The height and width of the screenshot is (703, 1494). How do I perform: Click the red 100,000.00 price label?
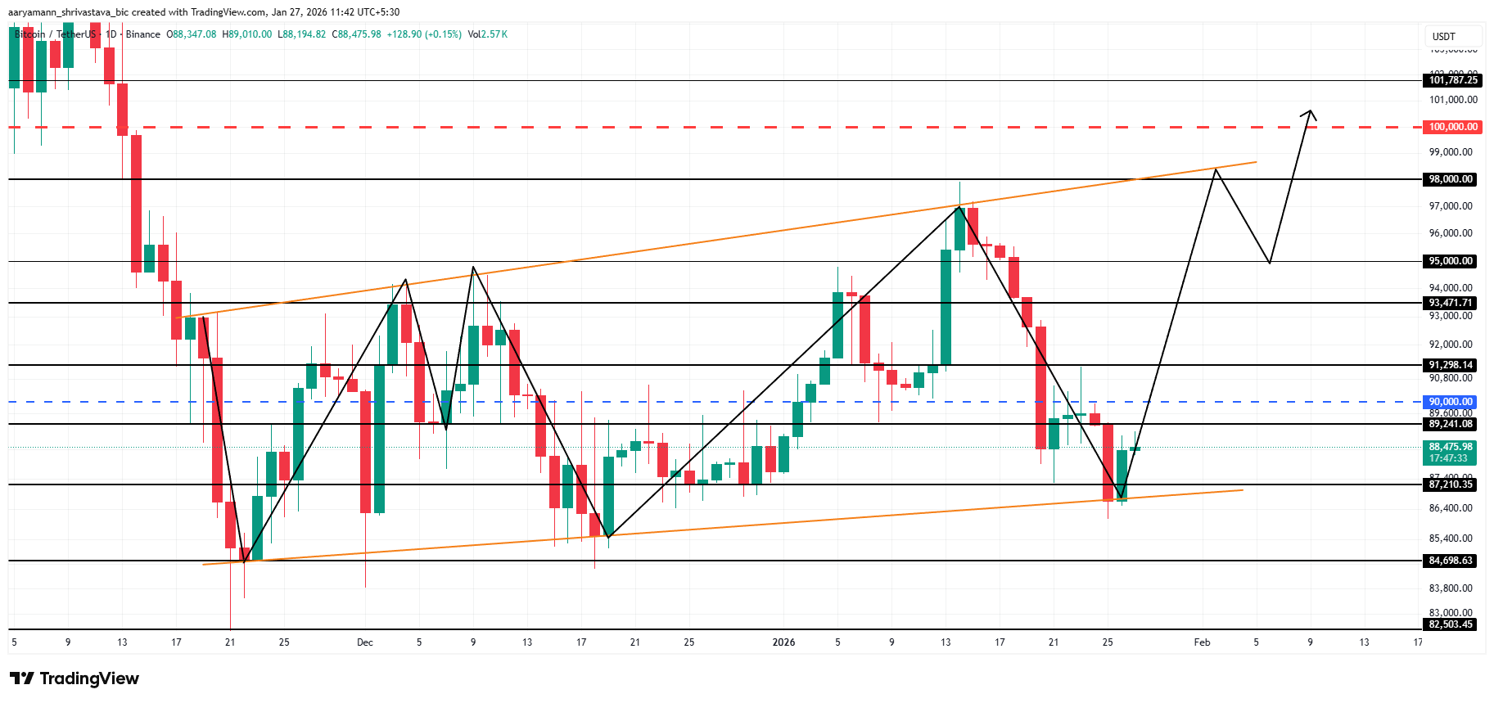[1453, 127]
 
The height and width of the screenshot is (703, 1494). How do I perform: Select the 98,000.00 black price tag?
[1451, 179]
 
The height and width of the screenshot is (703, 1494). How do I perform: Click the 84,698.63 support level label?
[1451, 561]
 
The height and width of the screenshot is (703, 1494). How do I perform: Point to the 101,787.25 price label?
[1453, 80]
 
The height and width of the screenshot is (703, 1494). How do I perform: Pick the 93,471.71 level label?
[1451, 303]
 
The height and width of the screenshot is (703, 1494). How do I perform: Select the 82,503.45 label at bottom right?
[1451, 624]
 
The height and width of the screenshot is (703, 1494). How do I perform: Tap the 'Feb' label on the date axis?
[1202, 642]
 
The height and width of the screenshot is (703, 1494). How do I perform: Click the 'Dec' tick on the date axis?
[365, 642]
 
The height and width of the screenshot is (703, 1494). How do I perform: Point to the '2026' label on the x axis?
[783, 642]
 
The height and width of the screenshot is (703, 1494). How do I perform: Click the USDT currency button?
[1444, 37]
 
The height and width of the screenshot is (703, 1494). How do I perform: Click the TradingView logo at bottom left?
[74, 678]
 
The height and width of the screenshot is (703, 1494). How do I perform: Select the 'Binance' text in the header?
[143, 34]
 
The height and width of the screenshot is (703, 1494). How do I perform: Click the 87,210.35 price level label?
[1451, 484]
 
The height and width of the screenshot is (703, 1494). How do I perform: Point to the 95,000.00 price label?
[1451, 261]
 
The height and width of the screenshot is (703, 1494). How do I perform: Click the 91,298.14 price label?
[1451, 365]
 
